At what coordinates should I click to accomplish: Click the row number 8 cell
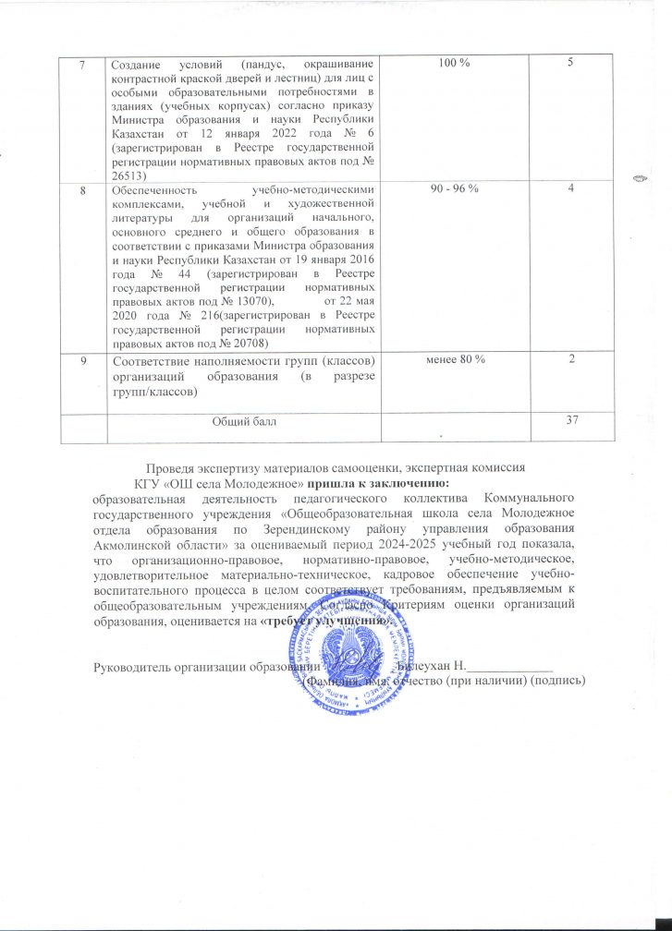[83, 189]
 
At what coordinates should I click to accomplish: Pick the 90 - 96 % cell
[455, 189]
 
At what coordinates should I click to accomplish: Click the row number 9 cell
[83, 358]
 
